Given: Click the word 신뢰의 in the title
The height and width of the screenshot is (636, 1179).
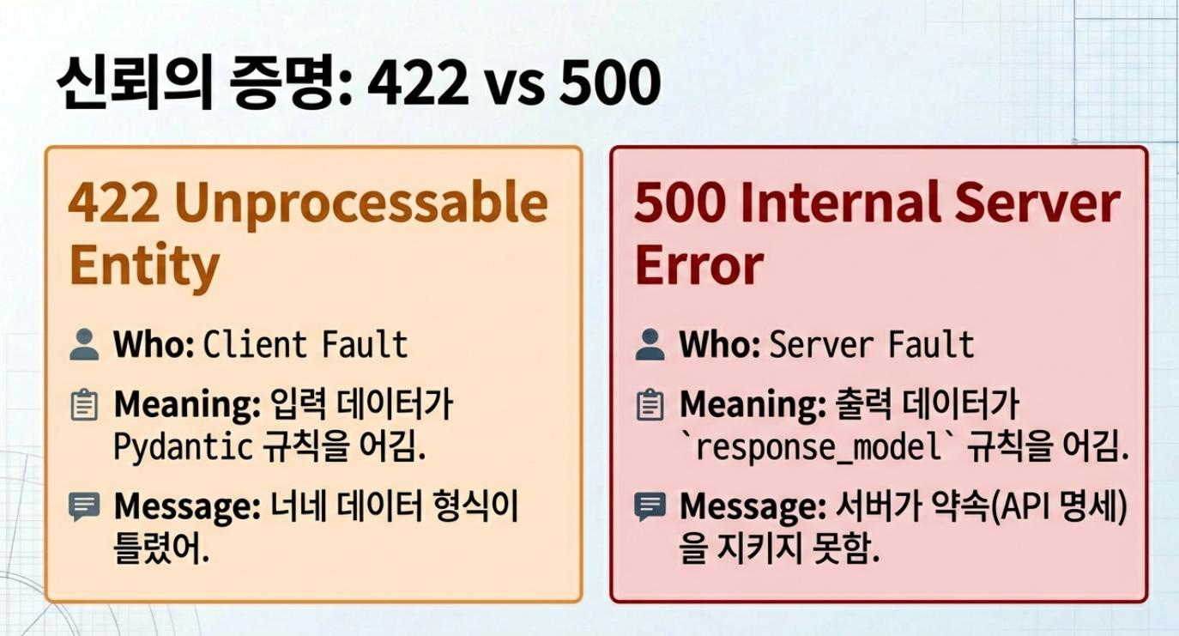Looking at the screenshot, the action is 134,82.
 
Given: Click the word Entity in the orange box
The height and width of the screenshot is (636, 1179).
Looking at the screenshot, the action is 144,266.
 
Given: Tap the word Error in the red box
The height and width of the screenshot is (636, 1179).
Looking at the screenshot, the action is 699,264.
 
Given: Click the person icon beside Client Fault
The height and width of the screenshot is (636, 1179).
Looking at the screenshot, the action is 84,345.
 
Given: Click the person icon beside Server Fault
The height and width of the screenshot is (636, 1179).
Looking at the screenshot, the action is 650,345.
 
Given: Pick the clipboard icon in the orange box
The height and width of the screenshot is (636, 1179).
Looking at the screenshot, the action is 84,405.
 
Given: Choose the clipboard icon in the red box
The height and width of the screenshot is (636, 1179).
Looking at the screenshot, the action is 650,405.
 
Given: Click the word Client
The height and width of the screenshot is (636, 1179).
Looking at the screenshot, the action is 255,345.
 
